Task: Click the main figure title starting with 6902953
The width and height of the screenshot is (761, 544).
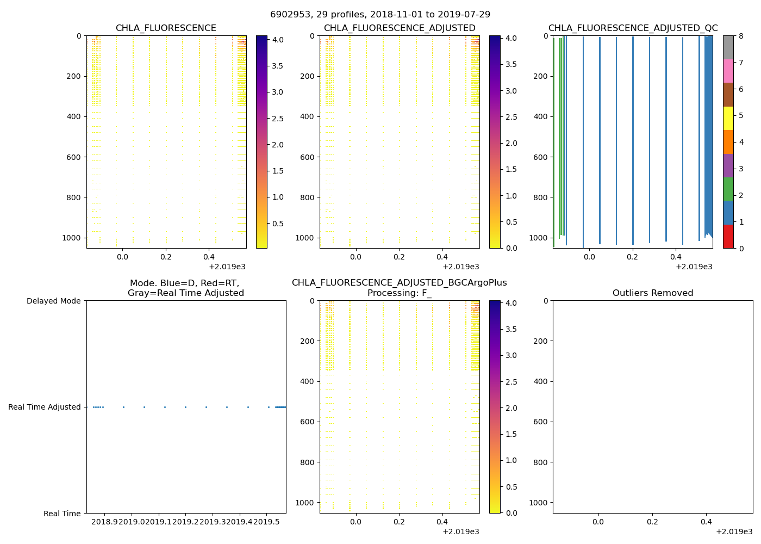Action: coord(380,15)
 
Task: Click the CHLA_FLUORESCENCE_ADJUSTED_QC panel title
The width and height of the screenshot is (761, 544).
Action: coord(633,28)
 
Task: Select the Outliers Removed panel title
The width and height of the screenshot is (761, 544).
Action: coord(652,293)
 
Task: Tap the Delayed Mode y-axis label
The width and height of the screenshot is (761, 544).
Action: coord(53,301)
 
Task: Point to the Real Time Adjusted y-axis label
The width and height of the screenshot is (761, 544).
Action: coord(44,407)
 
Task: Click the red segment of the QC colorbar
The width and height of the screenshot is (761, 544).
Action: coord(728,236)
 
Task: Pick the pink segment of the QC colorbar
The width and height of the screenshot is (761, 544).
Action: coord(728,71)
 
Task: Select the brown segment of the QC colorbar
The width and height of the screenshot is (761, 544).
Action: coord(728,95)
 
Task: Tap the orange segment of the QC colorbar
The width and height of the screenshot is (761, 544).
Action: coord(728,142)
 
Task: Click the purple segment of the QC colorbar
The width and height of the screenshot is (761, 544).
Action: coord(728,165)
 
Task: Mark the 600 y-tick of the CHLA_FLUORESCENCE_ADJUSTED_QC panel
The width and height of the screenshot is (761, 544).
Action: coord(540,157)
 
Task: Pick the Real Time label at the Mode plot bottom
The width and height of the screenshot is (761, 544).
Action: coord(62,514)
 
